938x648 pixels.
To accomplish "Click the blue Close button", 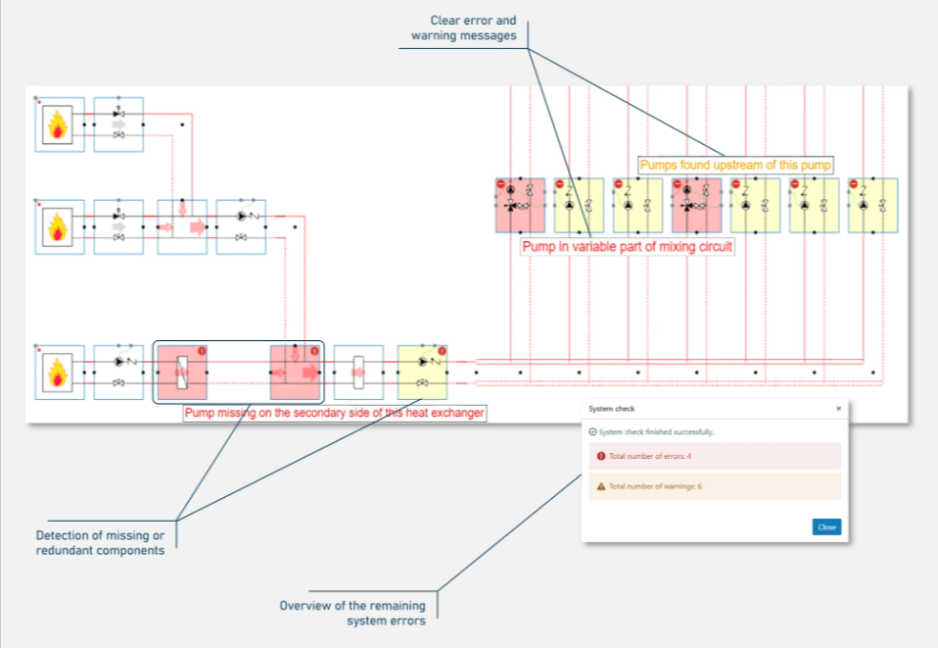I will pyautogui.click(x=826, y=527).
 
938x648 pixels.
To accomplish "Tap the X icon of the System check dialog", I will pyautogui.click(x=838, y=408).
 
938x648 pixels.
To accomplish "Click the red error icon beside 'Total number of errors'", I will pyautogui.click(x=600, y=457).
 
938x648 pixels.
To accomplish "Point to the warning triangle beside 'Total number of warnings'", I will pyautogui.click(x=600, y=486).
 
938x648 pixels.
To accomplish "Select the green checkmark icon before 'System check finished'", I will pyautogui.click(x=592, y=431).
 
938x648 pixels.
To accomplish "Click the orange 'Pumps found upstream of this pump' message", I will pyautogui.click(x=735, y=165).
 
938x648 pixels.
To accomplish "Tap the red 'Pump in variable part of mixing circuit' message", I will pyautogui.click(x=628, y=247).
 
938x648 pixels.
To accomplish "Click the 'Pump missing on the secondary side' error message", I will pyautogui.click(x=335, y=413).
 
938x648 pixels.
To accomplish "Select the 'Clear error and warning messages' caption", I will pyautogui.click(x=473, y=28).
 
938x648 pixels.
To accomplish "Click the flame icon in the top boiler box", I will pyautogui.click(x=59, y=125).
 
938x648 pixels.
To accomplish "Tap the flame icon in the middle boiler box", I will pyautogui.click(x=59, y=227).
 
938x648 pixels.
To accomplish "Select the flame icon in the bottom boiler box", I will pyautogui.click(x=59, y=373).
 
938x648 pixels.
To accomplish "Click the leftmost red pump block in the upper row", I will pyautogui.click(x=520, y=205).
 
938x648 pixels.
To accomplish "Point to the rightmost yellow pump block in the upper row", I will pyautogui.click(x=872, y=205).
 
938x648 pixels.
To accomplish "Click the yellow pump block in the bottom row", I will pyautogui.click(x=422, y=373).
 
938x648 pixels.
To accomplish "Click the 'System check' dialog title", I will pyautogui.click(x=604, y=408).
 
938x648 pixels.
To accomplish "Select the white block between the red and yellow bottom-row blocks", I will pyautogui.click(x=357, y=373).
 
